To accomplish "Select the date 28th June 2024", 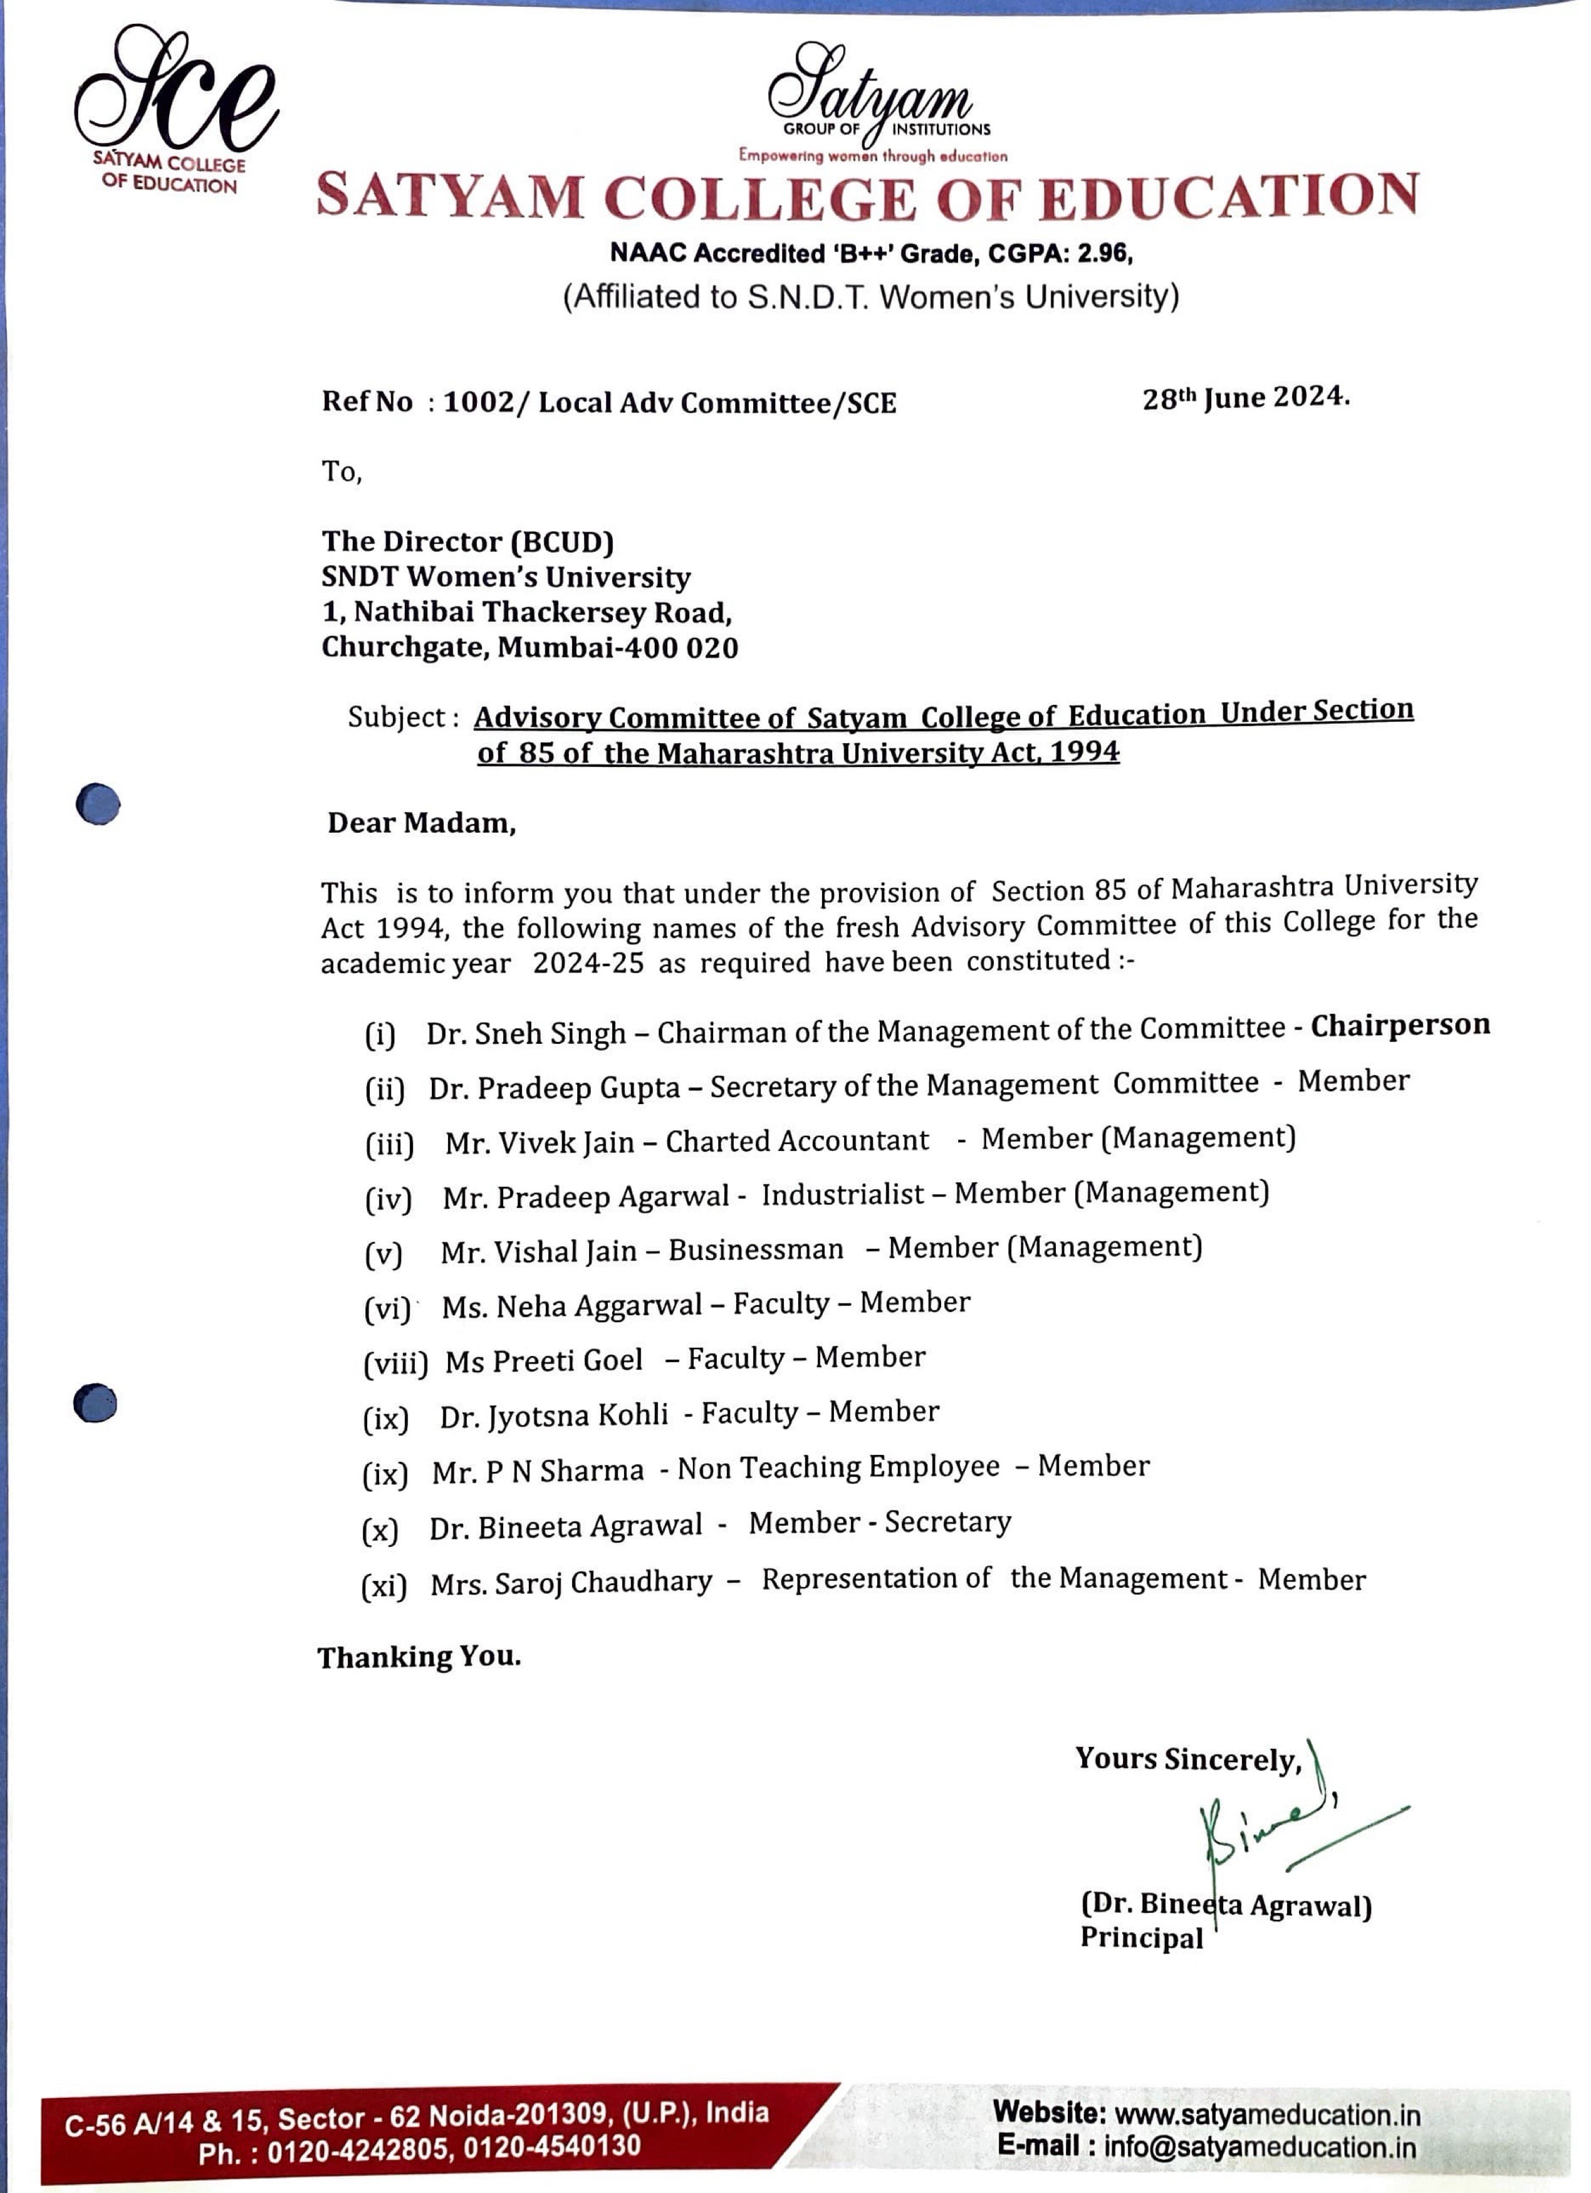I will [1244, 397].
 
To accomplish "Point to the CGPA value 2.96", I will [1105, 253].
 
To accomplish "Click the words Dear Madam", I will [422, 823].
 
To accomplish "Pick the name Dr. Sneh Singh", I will [526, 1034].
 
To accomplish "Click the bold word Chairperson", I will [1399, 1025].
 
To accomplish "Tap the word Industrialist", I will [842, 1194].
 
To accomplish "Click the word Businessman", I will [755, 1249].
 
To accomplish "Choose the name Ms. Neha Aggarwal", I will [571, 1306].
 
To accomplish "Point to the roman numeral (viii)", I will [395, 1363].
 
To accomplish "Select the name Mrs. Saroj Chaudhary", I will [571, 1583].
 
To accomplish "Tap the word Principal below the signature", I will [1141, 1938].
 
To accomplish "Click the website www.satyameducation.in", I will [1267, 2115].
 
